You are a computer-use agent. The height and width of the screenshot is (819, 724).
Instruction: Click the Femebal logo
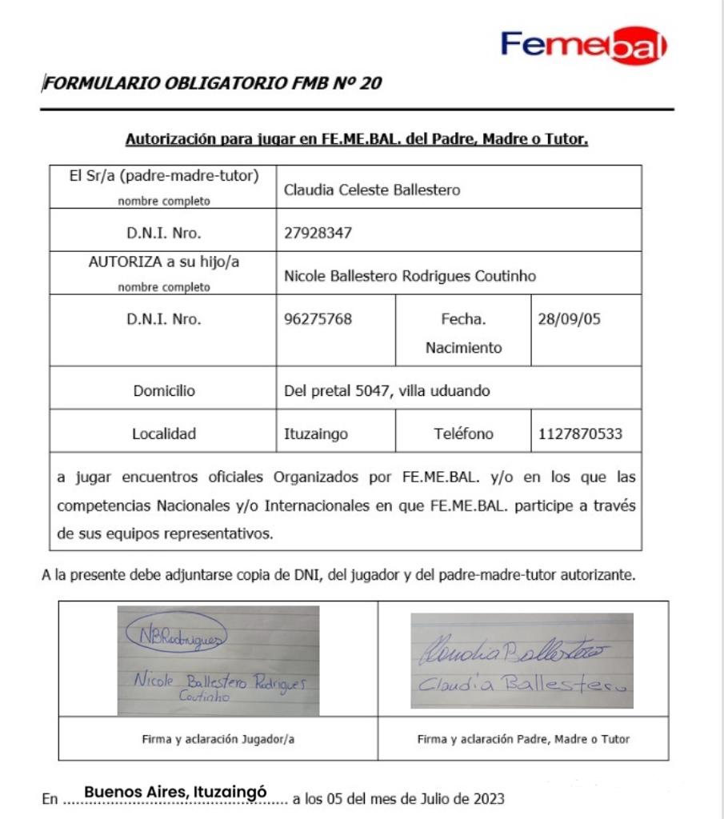click(583, 45)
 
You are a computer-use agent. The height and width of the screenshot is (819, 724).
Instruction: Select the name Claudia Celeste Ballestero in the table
click(372, 191)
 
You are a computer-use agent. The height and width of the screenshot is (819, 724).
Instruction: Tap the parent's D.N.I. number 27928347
click(318, 234)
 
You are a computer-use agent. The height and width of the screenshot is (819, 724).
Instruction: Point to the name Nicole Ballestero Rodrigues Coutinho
click(410, 276)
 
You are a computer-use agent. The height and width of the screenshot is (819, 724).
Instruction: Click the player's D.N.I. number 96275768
click(318, 319)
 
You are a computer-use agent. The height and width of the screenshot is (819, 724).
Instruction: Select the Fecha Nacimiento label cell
click(463, 333)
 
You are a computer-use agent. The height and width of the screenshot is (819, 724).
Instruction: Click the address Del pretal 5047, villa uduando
click(387, 392)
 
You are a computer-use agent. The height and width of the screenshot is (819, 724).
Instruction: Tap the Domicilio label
click(163, 392)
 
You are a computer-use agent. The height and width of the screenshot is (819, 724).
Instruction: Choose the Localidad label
click(163, 434)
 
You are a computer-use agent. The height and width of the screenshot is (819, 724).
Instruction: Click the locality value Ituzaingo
click(316, 434)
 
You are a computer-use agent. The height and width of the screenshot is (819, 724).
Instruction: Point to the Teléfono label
click(463, 434)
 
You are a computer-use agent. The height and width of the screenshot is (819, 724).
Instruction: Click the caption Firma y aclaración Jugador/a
click(218, 739)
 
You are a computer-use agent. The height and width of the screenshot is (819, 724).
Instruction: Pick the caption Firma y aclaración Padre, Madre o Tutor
click(523, 739)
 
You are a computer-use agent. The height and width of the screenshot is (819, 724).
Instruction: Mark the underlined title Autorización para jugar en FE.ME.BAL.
click(357, 140)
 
